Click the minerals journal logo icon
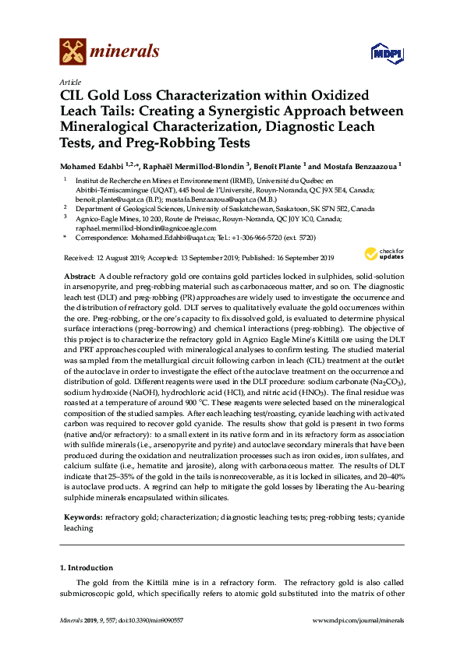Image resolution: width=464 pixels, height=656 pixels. pos(73,52)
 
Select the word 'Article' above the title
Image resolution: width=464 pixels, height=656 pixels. pos(69,82)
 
